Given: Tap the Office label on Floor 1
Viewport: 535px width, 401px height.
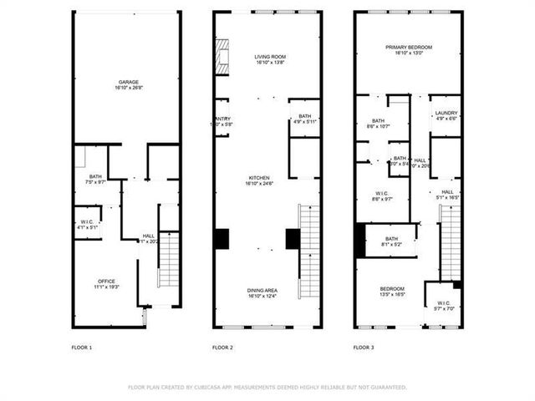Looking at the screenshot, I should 106,283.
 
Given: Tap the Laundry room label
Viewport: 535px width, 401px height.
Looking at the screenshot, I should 446,114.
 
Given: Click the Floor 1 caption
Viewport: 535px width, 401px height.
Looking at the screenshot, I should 82,347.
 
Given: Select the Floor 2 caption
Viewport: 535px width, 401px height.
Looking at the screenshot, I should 222,347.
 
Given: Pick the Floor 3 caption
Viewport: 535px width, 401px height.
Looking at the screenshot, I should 363,347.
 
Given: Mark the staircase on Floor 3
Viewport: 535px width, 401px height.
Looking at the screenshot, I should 451,242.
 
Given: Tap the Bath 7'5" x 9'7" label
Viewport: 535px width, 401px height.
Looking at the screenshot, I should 96,179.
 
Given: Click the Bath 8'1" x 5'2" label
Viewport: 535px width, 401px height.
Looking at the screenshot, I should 391,241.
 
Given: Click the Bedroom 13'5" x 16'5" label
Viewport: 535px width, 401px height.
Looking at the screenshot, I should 392,292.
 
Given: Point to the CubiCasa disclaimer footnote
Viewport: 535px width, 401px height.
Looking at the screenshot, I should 267,387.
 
